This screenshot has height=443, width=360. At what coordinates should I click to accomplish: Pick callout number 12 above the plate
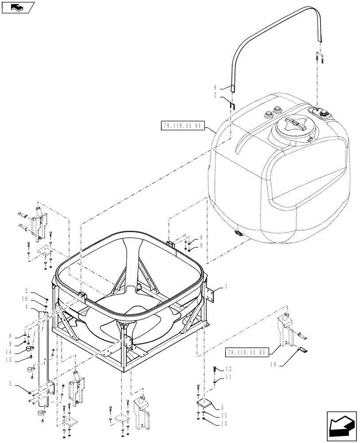click(228, 369)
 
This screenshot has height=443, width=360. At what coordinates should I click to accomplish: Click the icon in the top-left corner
click(17, 7)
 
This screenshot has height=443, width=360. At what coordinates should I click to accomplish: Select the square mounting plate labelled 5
click(205, 406)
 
